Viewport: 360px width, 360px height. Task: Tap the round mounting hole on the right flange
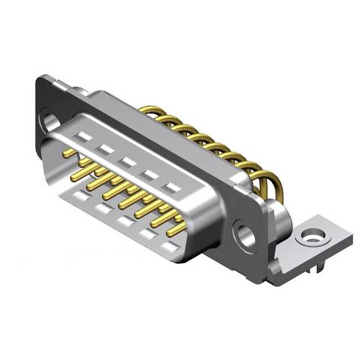click(x=246, y=235)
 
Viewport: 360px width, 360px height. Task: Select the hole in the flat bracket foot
click(x=312, y=235)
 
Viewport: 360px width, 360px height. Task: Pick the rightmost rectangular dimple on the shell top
click(x=171, y=187)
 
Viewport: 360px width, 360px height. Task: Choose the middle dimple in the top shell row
click(x=127, y=161)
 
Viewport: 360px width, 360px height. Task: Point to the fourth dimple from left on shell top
click(x=150, y=174)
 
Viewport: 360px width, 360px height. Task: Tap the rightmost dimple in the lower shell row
click(x=170, y=247)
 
